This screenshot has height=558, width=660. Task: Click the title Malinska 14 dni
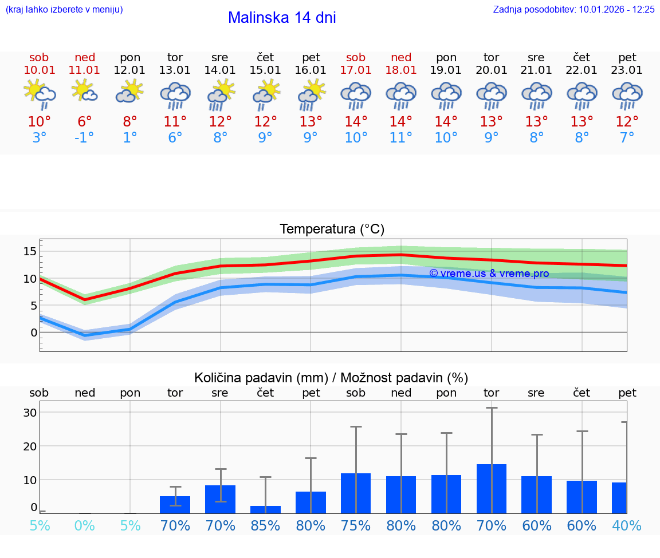click(x=282, y=18)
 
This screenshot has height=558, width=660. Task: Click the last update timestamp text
click(x=573, y=9)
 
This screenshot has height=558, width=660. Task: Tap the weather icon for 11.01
click(x=84, y=92)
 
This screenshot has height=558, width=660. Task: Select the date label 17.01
click(x=356, y=70)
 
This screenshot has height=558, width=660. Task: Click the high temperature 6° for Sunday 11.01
click(x=84, y=121)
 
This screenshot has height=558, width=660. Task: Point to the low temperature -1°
click(x=84, y=137)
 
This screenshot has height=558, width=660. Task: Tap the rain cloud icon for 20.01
click(x=491, y=95)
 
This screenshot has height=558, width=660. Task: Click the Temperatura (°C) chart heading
click(x=332, y=229)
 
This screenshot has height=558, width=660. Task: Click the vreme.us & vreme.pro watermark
click(x=489, y=274)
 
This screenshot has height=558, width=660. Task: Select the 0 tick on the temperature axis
click(x=34, y=333)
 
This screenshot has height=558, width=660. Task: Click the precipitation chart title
click(x=331, y=378)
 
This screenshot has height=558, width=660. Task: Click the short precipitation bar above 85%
click(x=265, y=509)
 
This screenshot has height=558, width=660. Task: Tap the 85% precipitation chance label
click(x=265, y=525)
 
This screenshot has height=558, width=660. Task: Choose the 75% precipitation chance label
click(x=356, y=525)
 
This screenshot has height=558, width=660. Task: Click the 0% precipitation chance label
click(x=84, y=525)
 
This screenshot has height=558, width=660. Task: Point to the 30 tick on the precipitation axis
click(x=30, y=413)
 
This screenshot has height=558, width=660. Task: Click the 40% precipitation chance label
click(x=627, y=525)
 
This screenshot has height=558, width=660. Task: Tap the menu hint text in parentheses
click(x=64, y=9)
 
